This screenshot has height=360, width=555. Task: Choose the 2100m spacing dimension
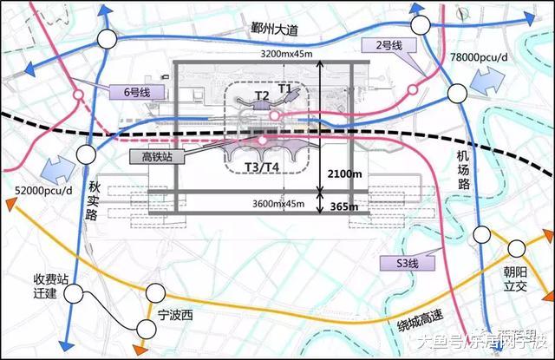tap(345, 173)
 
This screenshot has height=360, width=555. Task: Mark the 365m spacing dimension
tap(344, 206)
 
